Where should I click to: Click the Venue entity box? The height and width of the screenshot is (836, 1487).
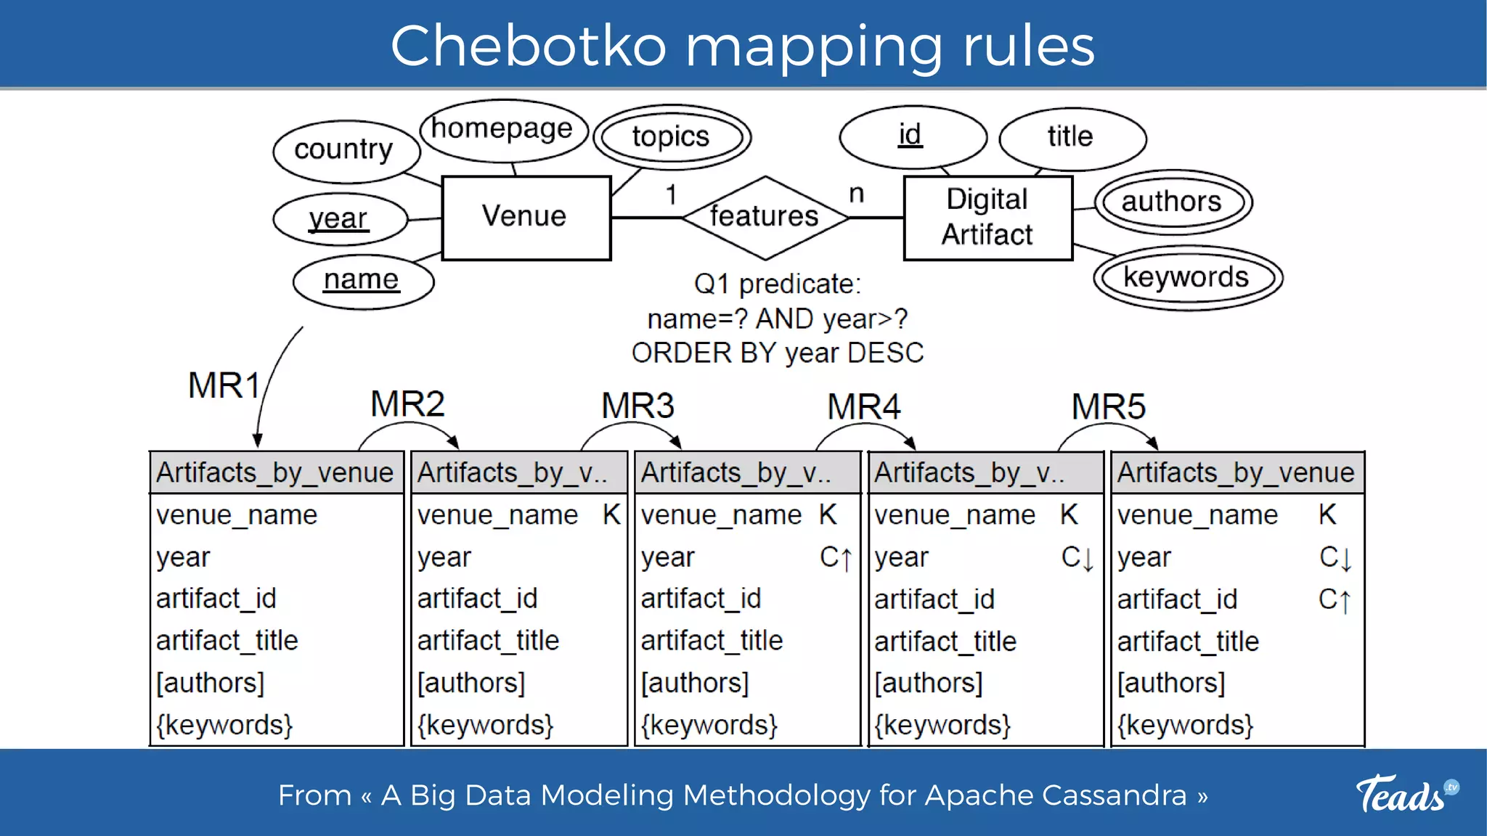coord(526,217)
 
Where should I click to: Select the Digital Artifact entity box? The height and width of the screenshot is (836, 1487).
coord(987,217)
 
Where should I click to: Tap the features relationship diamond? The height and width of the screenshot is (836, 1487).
coord(765,216)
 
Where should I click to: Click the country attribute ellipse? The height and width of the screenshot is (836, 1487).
coord(344,150)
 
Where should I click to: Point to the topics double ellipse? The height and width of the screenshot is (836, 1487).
coord(671,136)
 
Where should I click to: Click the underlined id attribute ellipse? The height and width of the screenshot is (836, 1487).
coord(911,136)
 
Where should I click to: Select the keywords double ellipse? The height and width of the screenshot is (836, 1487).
coord(1186,278)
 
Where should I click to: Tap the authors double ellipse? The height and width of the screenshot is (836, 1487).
coord(1172,202)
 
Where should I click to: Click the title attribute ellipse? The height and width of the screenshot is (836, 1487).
coord(1071,137)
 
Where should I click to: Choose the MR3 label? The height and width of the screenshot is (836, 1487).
coord(637,406)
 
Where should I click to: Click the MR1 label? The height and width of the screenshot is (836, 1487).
coord(224,385)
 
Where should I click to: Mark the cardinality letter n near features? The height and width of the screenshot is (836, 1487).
coord(857,194)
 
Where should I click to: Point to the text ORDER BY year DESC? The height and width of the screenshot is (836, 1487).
coord(777,353)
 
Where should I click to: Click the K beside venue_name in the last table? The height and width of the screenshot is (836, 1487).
coord(1327,515)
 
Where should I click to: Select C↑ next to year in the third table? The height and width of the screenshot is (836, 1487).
coord(836,557)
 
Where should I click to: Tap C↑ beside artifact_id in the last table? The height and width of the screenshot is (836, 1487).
coord(1335,600)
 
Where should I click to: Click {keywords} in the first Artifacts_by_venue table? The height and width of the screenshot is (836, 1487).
coord(224,725)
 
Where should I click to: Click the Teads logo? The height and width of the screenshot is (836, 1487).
coord(1406,794)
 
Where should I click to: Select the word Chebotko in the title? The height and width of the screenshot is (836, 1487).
coord(528,46)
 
